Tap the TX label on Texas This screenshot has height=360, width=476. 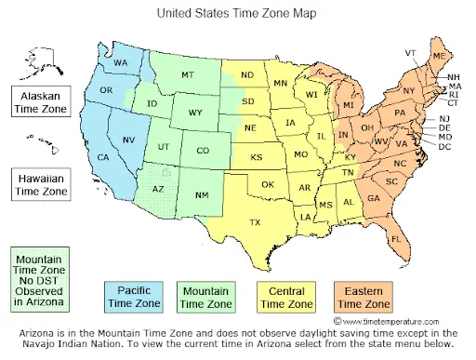point(255,222)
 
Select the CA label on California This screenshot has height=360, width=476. point(104,157)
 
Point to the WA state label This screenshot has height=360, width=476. point(121,62)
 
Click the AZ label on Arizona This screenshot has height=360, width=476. point(158,189)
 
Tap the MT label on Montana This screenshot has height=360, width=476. point(187,74)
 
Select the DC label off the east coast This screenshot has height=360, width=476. point(444,147)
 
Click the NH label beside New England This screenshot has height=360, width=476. point(454,76)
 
